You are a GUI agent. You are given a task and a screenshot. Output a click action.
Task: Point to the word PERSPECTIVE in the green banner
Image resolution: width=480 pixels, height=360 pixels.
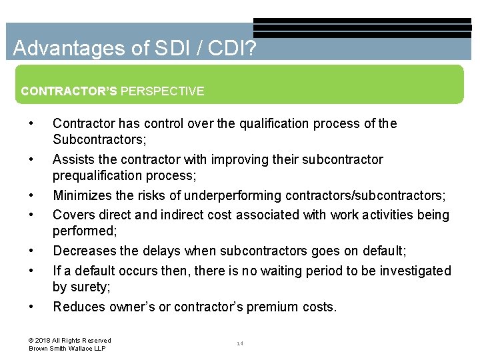[x=163, y=91]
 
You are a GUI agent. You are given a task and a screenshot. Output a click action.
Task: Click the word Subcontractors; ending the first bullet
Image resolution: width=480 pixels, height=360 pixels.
[x=99, y=140]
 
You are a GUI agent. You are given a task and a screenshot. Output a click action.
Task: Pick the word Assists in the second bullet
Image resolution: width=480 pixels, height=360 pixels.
[x=72, y=159]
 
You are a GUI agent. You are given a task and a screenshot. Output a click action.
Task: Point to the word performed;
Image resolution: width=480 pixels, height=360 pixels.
[x=85, y=231]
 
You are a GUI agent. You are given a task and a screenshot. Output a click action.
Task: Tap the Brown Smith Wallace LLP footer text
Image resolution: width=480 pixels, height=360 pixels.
[x=67, y=349]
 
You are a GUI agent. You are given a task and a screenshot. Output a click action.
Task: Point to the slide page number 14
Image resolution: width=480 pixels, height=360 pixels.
[x=239, y=344]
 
